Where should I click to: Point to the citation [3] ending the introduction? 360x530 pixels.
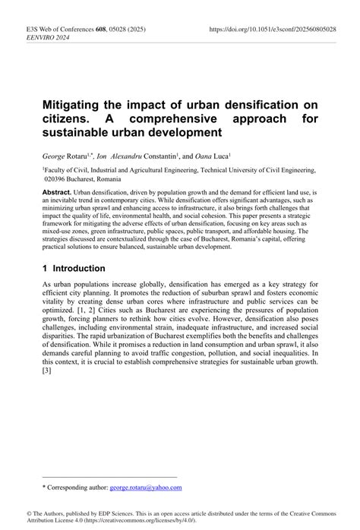[x=47, y=371]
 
